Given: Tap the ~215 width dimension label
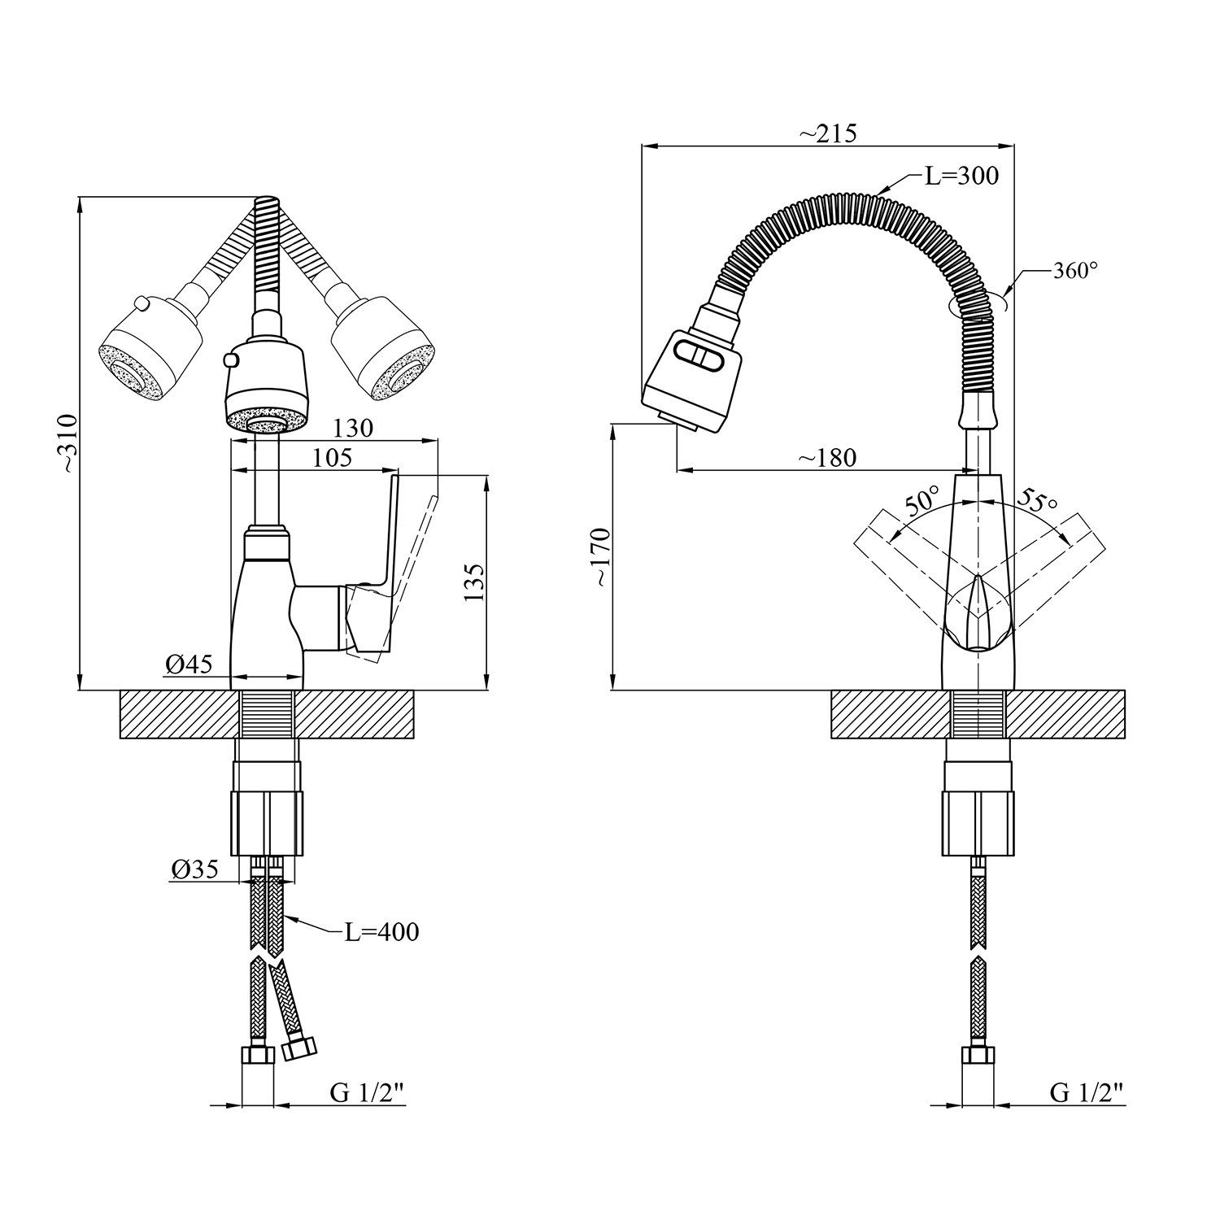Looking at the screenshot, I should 827,133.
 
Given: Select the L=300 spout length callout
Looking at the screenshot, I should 961,176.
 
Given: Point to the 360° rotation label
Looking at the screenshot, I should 1075,271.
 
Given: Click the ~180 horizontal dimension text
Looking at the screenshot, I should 826,458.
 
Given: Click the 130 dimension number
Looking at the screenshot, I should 353,429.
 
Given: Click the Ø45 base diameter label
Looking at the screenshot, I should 189,664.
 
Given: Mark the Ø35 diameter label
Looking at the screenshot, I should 194,869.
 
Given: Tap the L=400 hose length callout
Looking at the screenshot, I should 381,931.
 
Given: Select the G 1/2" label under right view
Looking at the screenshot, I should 1087,1093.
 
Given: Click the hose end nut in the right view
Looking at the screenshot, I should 978,1056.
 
